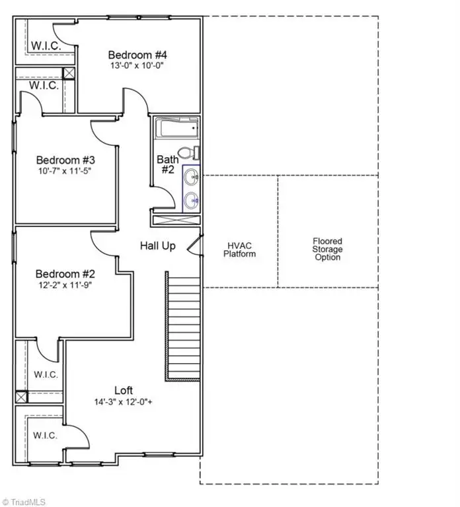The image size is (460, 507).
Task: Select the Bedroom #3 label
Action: point(65,160)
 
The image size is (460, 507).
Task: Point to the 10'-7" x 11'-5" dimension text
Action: point(65,171)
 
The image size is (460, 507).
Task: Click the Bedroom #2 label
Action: point(65,274)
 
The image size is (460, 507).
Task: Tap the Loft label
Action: point(124,390)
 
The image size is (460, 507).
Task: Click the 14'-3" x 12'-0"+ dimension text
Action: point(124,401)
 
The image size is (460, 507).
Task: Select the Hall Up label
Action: point(158,246)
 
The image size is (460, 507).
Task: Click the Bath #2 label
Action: point(165,164)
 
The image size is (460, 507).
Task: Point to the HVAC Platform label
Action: point(239,250)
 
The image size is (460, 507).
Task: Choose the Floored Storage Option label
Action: point(328,249)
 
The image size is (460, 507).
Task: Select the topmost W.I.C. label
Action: point(45,46)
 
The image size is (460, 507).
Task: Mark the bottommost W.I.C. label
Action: point(45,436)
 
